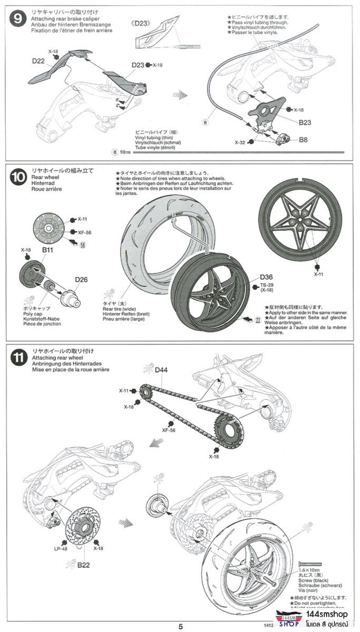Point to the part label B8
tap(303, 140)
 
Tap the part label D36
tap(266, 278)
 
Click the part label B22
tap(83, 565)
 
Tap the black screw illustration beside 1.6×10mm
tap(310, 564)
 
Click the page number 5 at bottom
tap(180, 626)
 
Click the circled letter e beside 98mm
tap(114, 152)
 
